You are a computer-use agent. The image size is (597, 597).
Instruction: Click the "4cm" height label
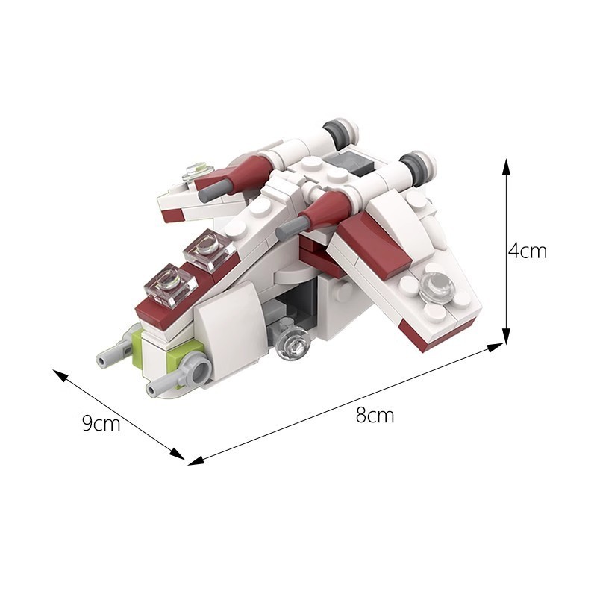527,251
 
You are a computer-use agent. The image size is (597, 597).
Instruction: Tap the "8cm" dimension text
375,416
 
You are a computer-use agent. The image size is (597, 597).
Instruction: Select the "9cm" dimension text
101,424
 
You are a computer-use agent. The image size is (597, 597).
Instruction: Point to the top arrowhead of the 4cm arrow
507,165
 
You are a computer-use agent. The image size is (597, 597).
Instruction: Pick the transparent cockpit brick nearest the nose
171,285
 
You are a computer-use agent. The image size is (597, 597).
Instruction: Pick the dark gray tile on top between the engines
350,163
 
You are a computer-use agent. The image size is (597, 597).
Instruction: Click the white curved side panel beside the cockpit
232,328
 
